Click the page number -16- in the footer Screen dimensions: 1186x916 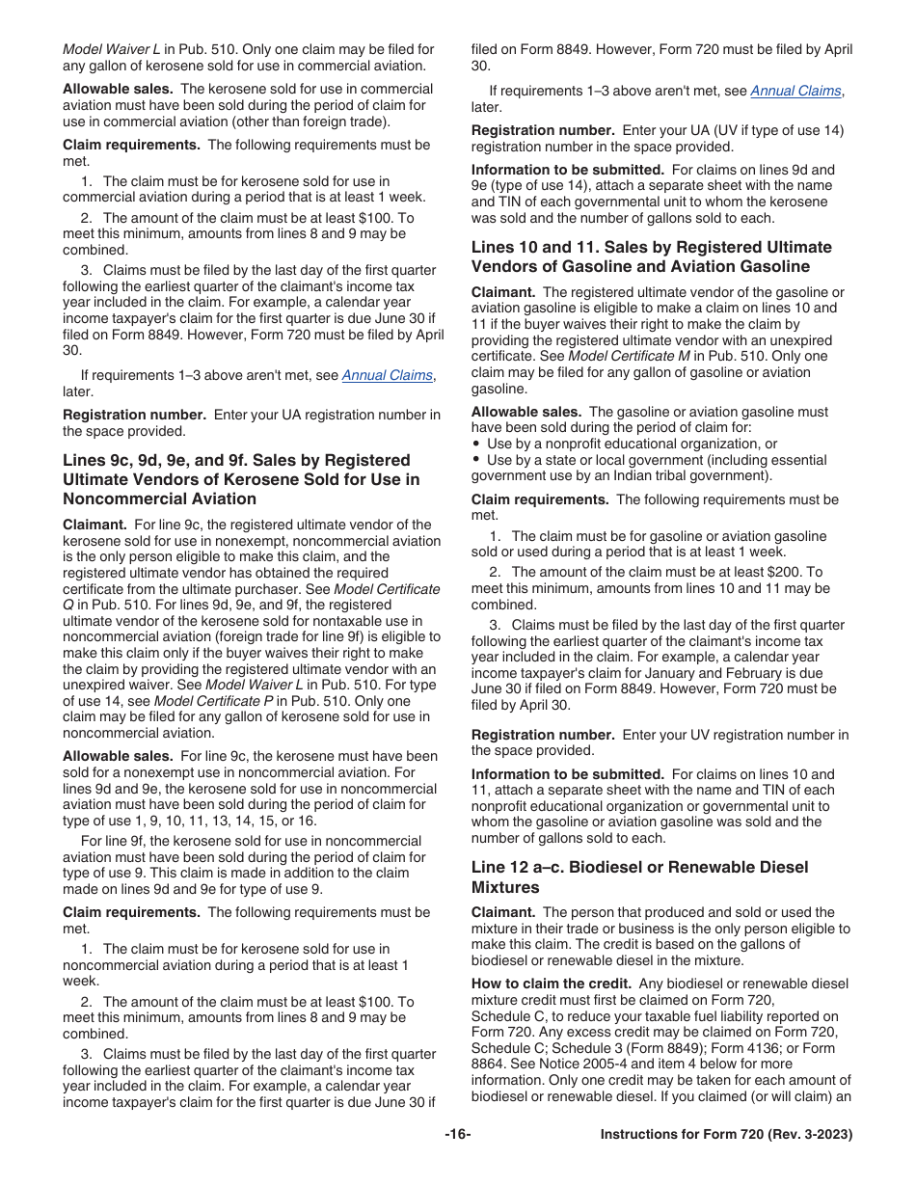[457, 1135]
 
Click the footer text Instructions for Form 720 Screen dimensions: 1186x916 [725, 1135]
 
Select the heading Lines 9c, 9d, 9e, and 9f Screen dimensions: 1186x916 [236, 461]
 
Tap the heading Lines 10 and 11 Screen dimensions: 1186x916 [651, 247]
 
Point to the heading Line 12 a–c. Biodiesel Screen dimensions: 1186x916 [639, 867]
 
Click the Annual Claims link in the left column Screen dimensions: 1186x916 [388, 376]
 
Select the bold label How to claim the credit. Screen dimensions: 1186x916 [551, 984]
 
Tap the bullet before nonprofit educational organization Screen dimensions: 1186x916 [476, 444]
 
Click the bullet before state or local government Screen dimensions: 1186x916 [476, 460]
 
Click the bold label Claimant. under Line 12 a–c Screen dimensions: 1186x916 [502, 912]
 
